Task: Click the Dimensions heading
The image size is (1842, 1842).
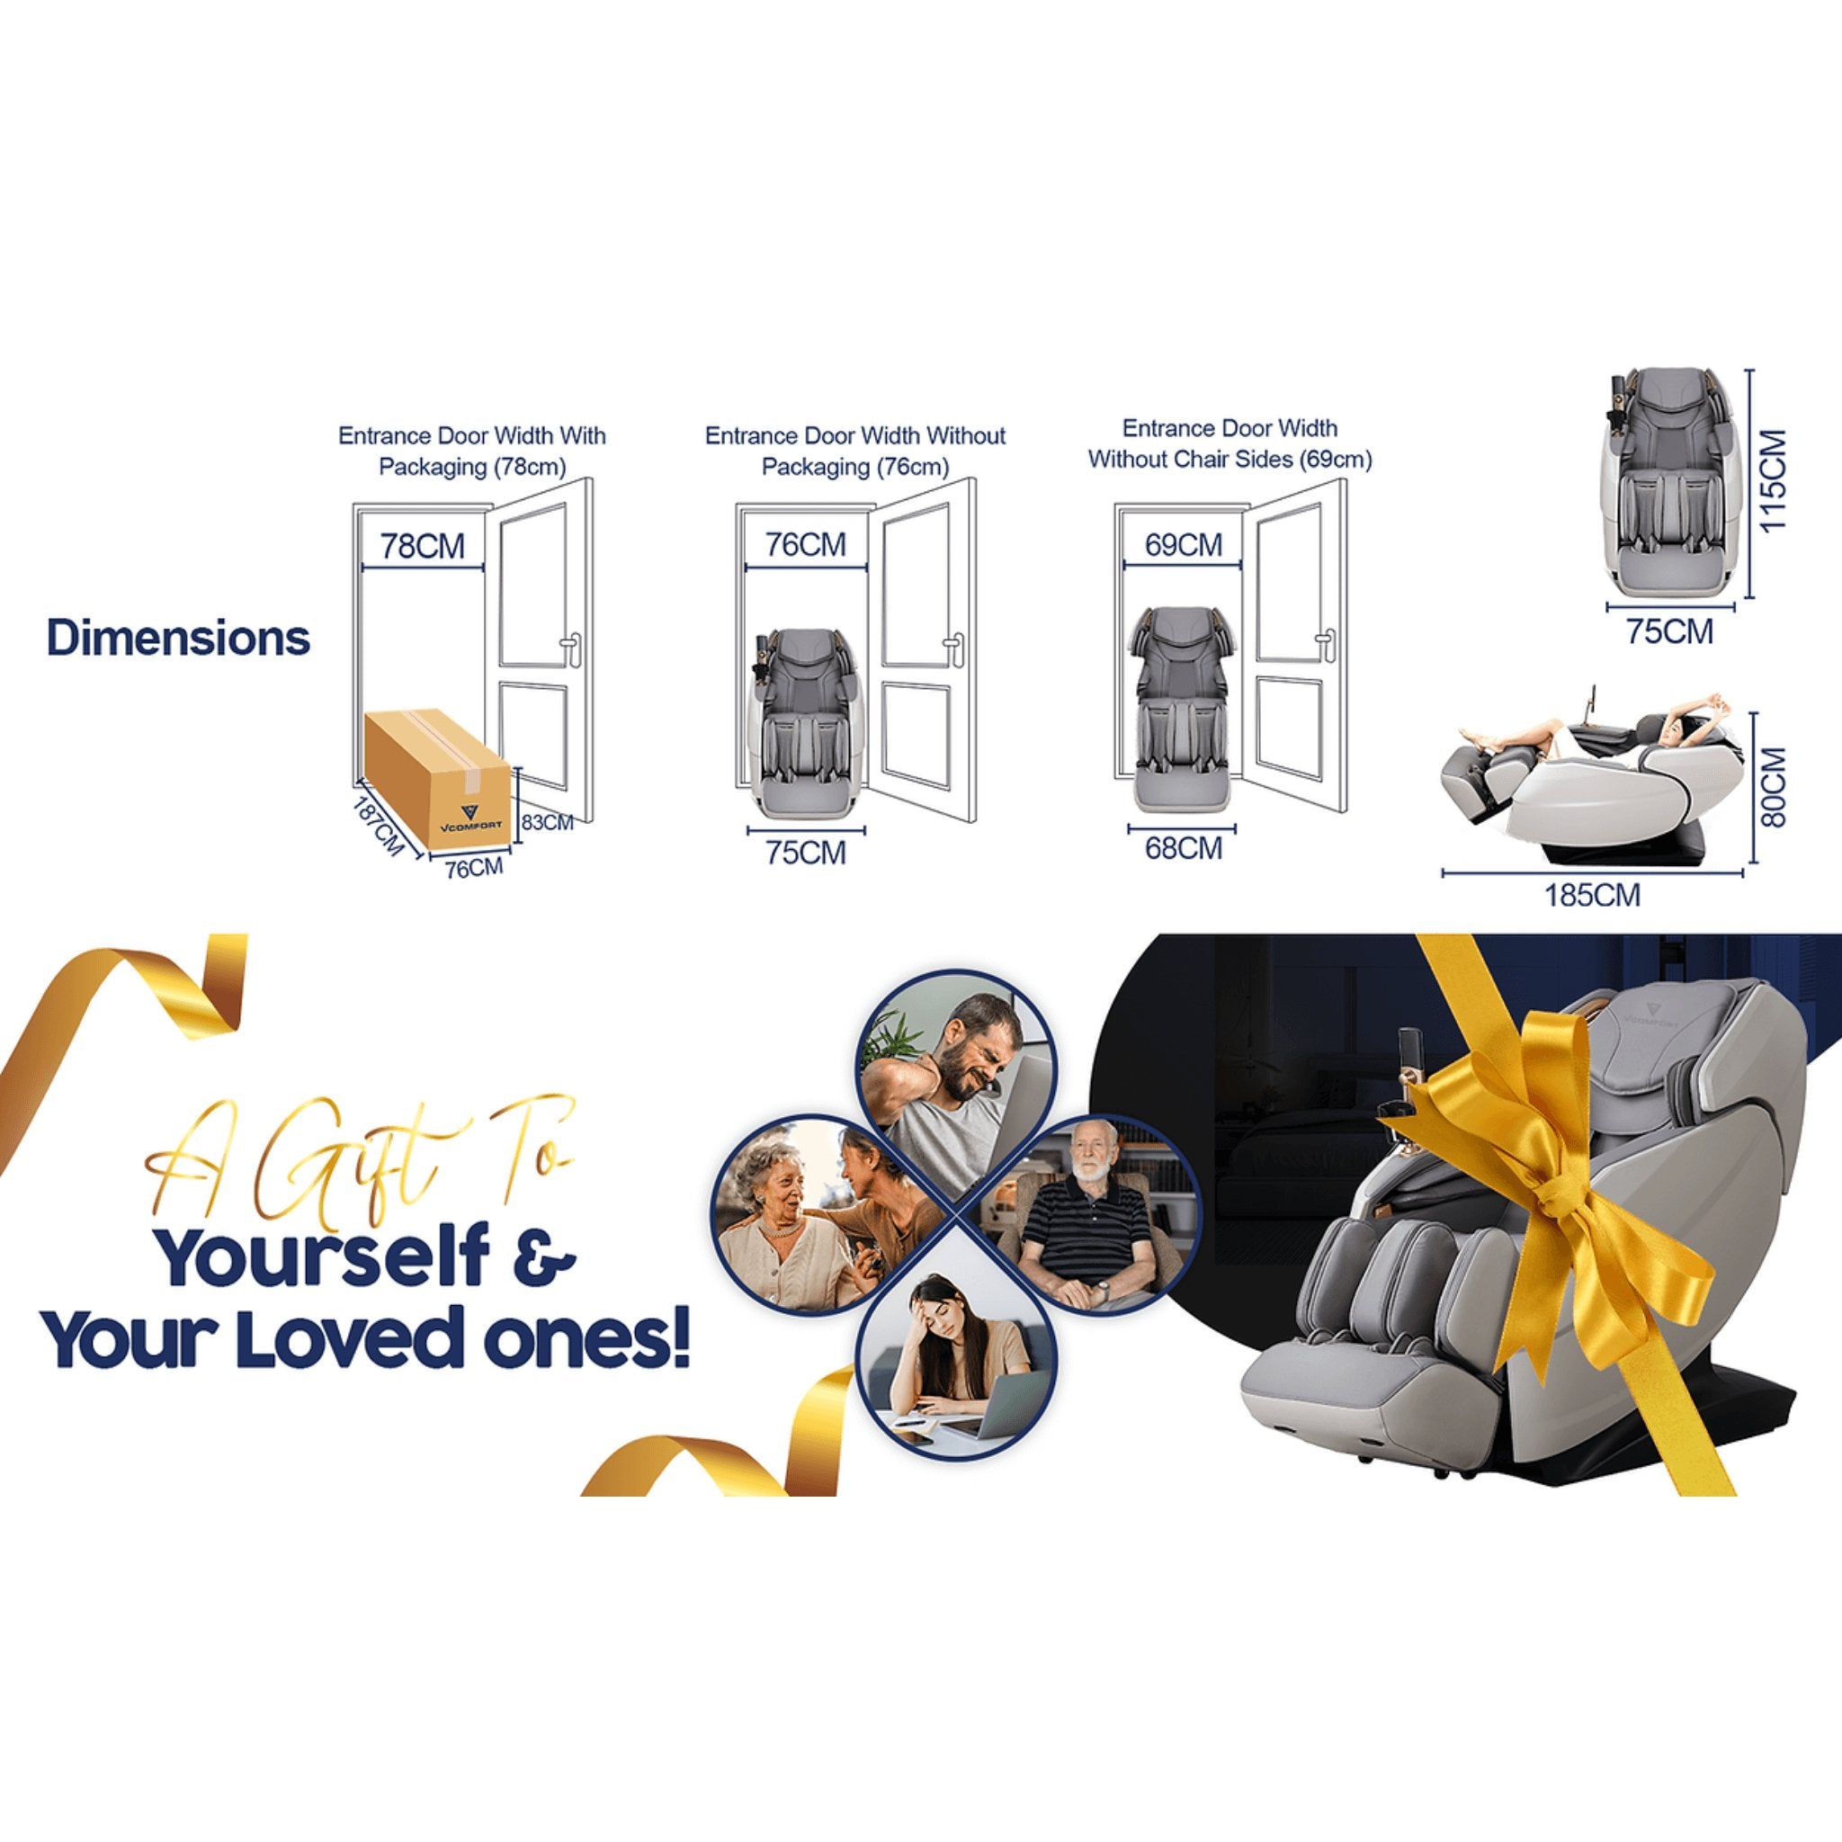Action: [178, 638]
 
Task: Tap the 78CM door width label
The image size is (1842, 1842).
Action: [423, 546]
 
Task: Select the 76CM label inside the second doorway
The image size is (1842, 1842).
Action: [806, 544]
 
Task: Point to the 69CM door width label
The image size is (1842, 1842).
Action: [1184, 544]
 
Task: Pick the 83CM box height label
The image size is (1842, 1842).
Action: [547, 821]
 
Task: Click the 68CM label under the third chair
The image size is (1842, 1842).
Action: [1184, 847]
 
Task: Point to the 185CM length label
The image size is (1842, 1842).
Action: [1593, 894]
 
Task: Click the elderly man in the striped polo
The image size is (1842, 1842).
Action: [1086, 1216]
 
